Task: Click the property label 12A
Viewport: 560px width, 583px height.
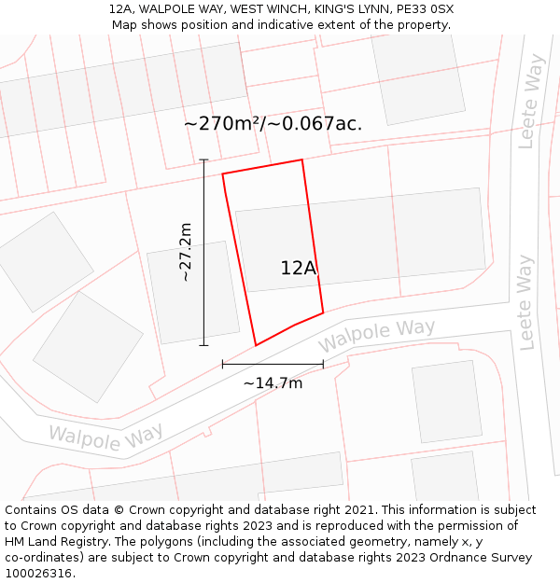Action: [x=299, y=268]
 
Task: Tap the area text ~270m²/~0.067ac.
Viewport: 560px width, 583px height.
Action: [x=273, y=123]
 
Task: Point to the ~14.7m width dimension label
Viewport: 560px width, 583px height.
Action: [x=273, y=382]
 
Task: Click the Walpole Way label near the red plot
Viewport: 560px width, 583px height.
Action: [x=377, y=336]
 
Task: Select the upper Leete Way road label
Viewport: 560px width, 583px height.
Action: [x=531, y=102]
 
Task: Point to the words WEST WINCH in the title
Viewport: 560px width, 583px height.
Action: [x=258, y=9]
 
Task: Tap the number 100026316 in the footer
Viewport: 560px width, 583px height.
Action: [x=38, y=573]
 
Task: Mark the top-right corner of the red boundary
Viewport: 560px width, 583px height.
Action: [x=301, y=160]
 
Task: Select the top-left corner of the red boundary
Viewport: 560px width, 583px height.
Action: [x=222, y=174]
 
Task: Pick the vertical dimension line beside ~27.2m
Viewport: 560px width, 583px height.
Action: [x=204, y=252]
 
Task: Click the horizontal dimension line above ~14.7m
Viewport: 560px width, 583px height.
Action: [x=273, y=364]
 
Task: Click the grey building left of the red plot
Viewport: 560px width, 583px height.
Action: [x=192, y=292]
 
